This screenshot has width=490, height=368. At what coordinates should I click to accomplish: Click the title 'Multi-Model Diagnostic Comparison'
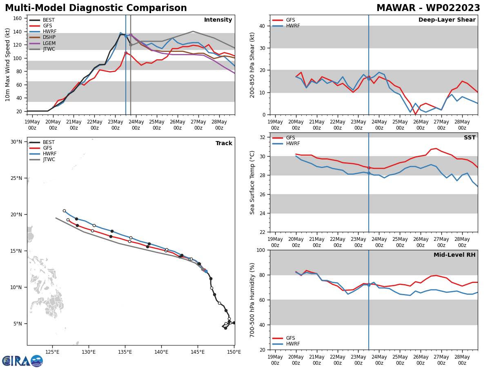[x=96, y=8]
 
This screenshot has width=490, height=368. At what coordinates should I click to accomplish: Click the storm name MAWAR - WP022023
[x=428, y=8]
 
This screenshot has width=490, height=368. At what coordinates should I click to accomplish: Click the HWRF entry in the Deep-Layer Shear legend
[x=292, y=26]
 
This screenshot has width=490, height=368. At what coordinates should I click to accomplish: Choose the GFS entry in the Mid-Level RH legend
[x=290, y=338]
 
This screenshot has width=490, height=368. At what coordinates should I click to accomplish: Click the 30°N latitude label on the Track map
[x=16, y=142]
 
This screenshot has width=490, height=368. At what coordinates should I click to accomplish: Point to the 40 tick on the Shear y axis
[x=261, y=26]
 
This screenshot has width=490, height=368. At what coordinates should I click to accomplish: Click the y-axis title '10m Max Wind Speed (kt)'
[x=8, y=65]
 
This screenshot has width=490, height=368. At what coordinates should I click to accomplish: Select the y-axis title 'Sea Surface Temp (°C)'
[x=252, y=182]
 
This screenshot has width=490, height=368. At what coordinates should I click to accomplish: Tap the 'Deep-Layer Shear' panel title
[x=447, y=20]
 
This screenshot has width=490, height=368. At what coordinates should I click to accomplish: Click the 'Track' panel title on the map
[x=224, y=143]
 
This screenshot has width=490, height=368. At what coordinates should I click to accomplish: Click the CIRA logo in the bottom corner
[x=22, y=361]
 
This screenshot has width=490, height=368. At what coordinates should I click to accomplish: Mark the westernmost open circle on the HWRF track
[x=64, y=211]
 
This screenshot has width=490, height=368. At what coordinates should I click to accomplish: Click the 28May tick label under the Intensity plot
[x=219, y=125]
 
